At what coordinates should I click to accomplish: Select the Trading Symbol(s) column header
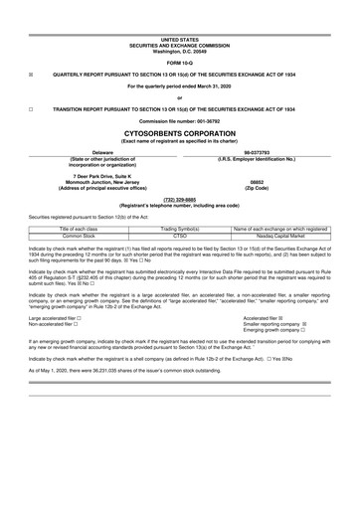pyautogui.click(x=180, y=229)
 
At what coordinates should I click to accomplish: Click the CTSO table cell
pyautogui.click(x=180, y=236)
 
